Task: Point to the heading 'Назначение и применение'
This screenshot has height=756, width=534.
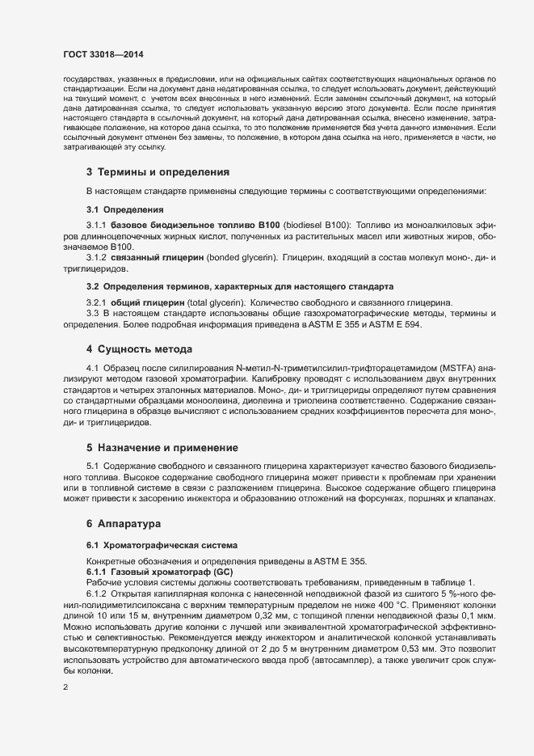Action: point(168,447)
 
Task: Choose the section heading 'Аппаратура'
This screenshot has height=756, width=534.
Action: point(134,524)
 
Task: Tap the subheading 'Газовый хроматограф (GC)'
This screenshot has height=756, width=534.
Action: point(151,572)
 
